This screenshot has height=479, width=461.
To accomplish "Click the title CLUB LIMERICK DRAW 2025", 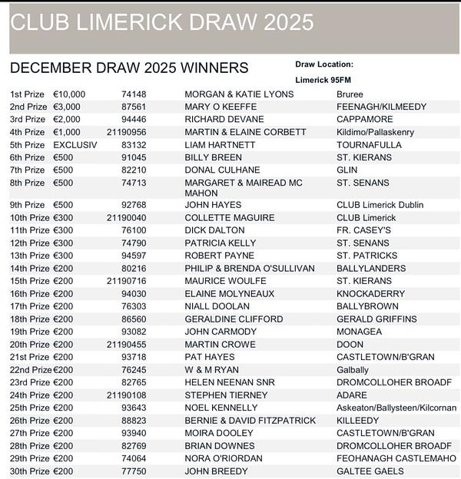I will click(x=162, y=22).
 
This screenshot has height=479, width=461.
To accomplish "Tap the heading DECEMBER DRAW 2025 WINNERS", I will click(x=128, y=68).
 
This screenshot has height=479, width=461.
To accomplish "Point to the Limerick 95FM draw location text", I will click(x=324, y=79).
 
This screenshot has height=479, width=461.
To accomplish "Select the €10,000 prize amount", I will click(x=69, y=94).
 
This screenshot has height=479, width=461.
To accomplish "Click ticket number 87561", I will click(x=134, y=107).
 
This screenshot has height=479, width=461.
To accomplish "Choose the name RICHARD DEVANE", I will click(x=224, y=120).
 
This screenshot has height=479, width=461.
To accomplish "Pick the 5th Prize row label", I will click(x=28, y=145).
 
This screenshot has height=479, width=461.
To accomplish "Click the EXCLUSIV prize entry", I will click(x=75, y=145).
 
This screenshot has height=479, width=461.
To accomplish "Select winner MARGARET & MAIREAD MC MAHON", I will click(x=244, y=188).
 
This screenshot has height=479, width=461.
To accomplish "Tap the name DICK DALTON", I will click(x=214, y=230).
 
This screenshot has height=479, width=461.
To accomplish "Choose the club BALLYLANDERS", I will click(x=371, y=269).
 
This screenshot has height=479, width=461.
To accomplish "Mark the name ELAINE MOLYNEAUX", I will click(x=229, y=294).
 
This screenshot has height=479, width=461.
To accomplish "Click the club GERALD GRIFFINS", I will click(x=376, y=319).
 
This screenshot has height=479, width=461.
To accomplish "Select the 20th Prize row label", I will click(x=29, y=345).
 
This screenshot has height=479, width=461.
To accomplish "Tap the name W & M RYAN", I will click(x=211, y=370).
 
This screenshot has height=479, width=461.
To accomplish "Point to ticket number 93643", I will click(x=134, y=408).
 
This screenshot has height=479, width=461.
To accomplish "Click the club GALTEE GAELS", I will click(x=369, y=471).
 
